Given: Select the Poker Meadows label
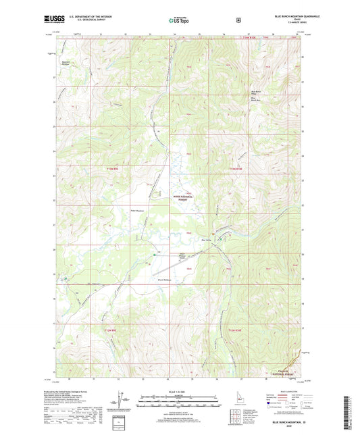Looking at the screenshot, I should click(138, 210).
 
